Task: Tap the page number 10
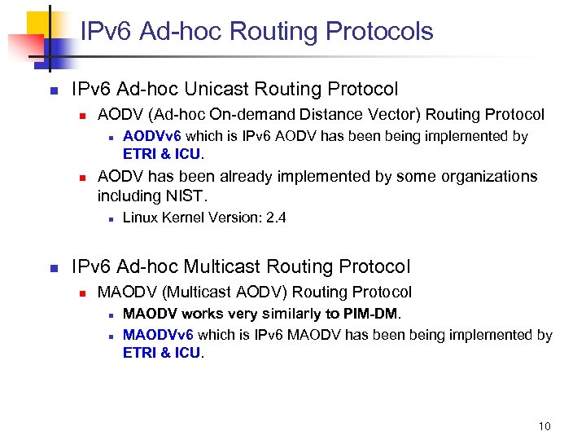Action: (x=544, y=426)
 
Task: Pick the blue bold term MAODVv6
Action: (x=158, y=335)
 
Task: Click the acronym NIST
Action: (x=187, y=196)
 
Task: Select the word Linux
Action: (x=138, y=218)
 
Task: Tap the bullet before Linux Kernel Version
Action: (x=109, y=218)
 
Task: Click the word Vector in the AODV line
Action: (x=397, y=115)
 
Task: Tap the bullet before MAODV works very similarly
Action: (x=109, y=314)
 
